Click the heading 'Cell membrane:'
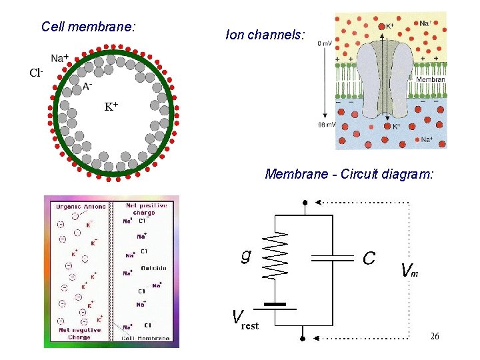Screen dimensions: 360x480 pos(88,27)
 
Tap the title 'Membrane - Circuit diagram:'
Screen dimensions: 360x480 pos(349,175)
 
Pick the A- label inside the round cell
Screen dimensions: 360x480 pos(87,85)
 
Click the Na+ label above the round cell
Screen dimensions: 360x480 pos(60,58)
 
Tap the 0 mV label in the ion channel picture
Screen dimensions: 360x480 pos(325,43)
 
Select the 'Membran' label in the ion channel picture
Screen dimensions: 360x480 pos(430,79)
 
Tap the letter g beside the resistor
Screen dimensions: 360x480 pos(246,255)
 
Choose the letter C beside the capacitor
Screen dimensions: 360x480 pos(369,257)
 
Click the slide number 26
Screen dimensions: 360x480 pos(435,337)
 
